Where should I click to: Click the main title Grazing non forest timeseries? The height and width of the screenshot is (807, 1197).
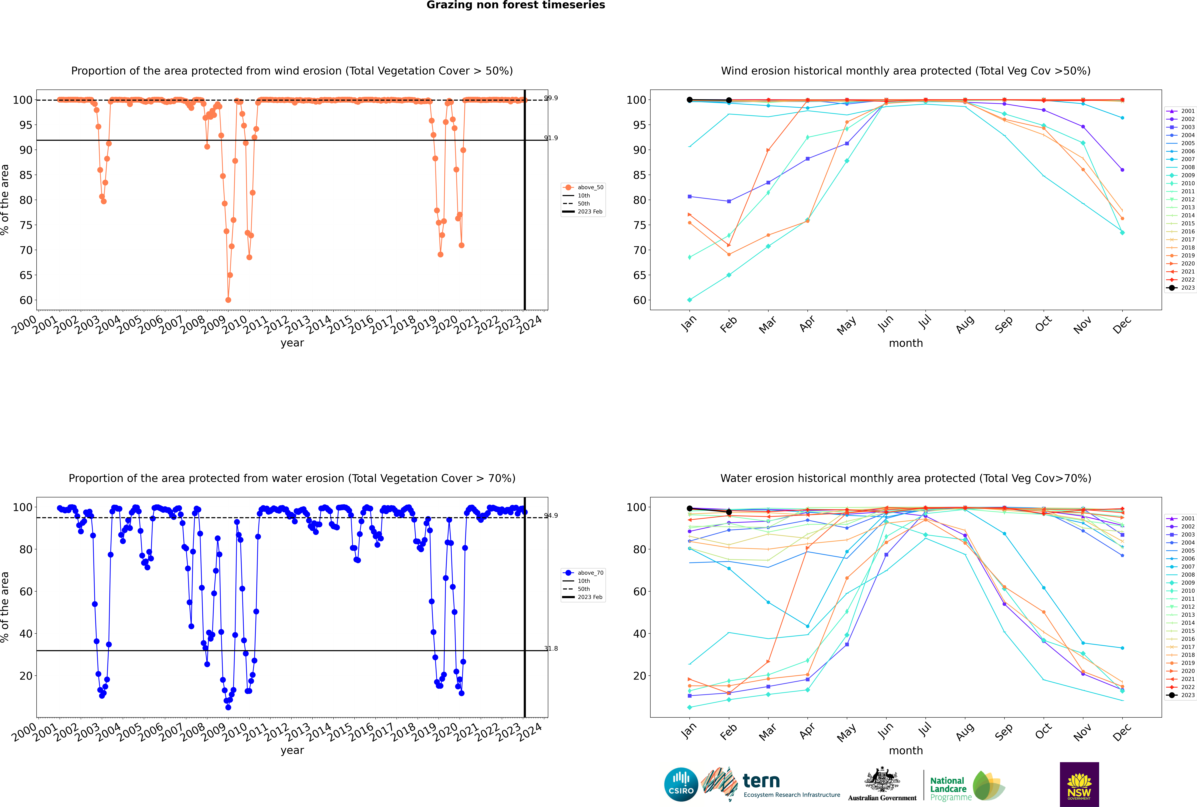click(x=516, y=5)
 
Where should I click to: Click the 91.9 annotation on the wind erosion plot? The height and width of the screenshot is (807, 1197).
click(x=551, y=138)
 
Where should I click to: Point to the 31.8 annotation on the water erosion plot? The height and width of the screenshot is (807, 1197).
click(x=551, y=648)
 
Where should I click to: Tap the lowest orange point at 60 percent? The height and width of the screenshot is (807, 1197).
click(x=228, y=300)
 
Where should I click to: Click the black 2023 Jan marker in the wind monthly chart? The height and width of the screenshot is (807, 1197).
click(x=690, y=100)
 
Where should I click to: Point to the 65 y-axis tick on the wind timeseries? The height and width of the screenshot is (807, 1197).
click(x=26, y=275)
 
